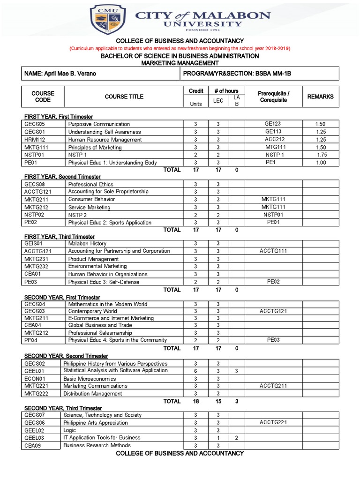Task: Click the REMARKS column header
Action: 320,97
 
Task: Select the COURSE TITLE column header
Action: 124,97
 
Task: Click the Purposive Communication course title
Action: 99,124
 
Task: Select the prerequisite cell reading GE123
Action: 272,124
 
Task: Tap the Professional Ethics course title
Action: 91,184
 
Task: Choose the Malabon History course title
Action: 87,244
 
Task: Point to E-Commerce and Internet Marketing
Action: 111,318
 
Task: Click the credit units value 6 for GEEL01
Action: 195,371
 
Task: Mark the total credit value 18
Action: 196,401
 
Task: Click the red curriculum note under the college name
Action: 180,48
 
